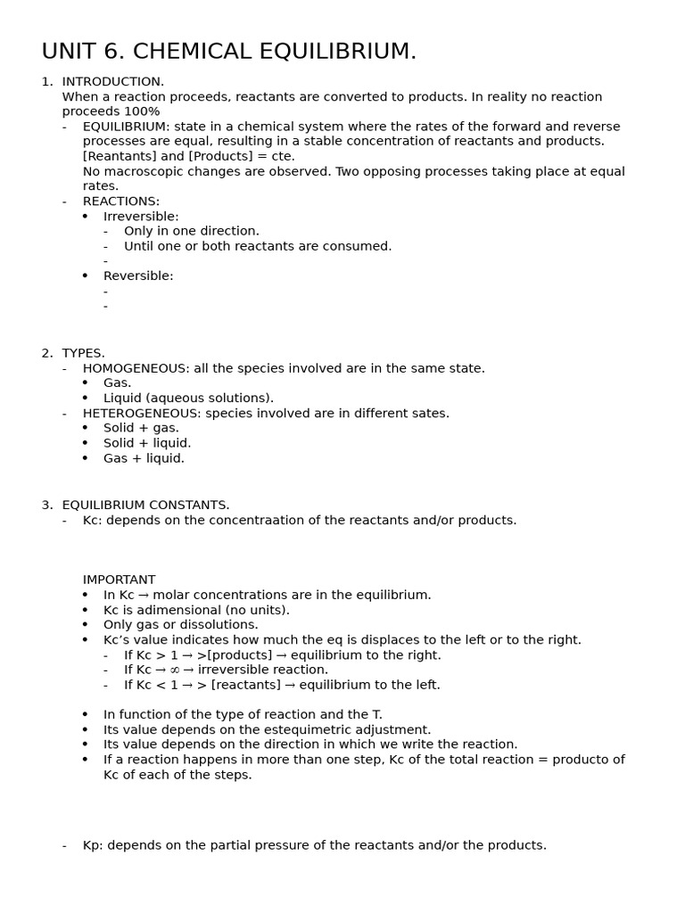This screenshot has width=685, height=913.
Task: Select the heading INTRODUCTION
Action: point(112,81)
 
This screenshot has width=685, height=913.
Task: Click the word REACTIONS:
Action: point(121,202)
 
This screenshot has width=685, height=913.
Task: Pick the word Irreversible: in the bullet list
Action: point(141,217)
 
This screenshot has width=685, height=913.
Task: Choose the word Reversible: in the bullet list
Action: point(138,276)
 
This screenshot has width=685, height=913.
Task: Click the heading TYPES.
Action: point(83,353)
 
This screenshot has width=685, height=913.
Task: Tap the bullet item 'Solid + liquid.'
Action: point(147,443)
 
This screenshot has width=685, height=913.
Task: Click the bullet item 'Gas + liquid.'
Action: point(144,458)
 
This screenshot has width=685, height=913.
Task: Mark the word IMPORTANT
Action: point(119,580)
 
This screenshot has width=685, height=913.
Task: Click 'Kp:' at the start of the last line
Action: point(93,845)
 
